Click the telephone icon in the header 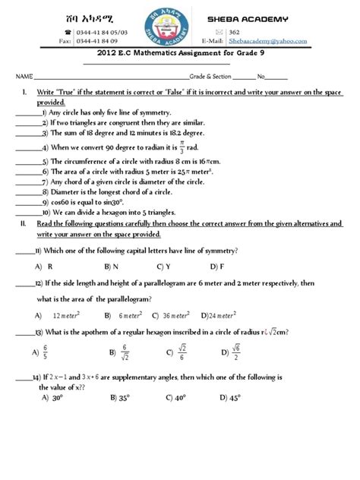(69, 32)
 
